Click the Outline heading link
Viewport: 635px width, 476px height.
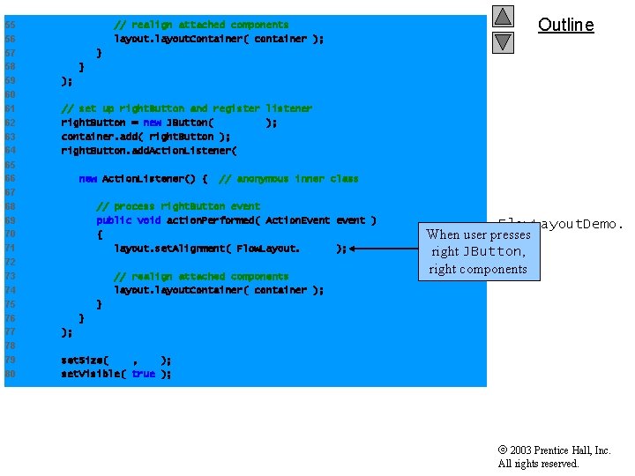pyautogui.click(x=565, y=25)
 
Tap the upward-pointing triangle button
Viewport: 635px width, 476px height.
pyautogui.click(x=503, y=16)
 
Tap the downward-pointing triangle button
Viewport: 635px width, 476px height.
pyautogui.click(x=503, y=41)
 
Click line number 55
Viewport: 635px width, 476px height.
pyautogui.click(x=10, y=25)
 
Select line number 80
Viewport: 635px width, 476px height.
pyautogui.click(x=10, y=374)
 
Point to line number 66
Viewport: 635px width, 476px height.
pyautogui.click(x=10, y=179)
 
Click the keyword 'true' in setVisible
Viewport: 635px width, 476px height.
pyautogui.click(x=143, y=374)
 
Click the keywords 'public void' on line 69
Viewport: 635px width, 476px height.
pyautogui.click(x=128, y=220)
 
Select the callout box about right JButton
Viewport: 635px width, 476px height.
pyautogui.click(x=477, y=251)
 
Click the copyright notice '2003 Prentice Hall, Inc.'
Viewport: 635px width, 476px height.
pyautogui.click(x=559, y=450)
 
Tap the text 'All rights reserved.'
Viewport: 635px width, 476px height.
pyautogui.click(x=538, y=464)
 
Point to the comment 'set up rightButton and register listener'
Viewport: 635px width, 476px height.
pyautogui.click(x=186, y=108)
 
